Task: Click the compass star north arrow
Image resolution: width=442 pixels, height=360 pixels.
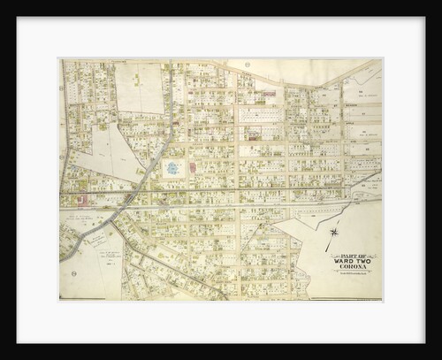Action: click(333, 237)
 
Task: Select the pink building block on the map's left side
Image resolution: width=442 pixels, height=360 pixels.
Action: click(82, 200)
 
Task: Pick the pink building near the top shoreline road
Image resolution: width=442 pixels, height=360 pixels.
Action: click(269, 92)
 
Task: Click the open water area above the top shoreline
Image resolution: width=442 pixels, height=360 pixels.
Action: click(283, 71)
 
